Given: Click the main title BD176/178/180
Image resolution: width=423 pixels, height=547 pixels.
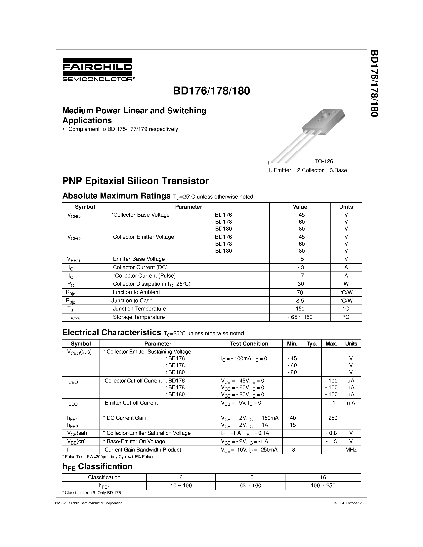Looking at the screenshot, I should point(211,91).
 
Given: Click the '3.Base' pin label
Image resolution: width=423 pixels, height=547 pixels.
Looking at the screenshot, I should point(338,170).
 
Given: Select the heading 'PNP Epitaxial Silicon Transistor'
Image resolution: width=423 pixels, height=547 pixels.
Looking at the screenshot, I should point(135,181).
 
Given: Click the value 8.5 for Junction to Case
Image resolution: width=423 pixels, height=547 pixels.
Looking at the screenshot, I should point(300,301).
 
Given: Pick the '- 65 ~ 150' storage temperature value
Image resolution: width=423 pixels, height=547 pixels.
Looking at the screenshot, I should point(300,317).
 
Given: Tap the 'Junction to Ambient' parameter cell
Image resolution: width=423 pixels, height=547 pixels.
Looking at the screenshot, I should point(136,292).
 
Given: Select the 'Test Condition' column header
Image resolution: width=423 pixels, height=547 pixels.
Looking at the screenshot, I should point(249,344).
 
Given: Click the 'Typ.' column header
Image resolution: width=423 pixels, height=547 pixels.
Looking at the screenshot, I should point(312,344).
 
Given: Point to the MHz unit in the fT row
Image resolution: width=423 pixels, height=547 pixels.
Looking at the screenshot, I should point(351,450).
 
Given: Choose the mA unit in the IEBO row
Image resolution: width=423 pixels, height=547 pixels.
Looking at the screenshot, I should point(351,403).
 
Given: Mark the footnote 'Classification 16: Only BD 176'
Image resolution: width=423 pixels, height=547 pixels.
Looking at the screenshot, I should point(92,493).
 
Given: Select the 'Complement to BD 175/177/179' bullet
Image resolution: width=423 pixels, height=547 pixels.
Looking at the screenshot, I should point(123,129).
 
